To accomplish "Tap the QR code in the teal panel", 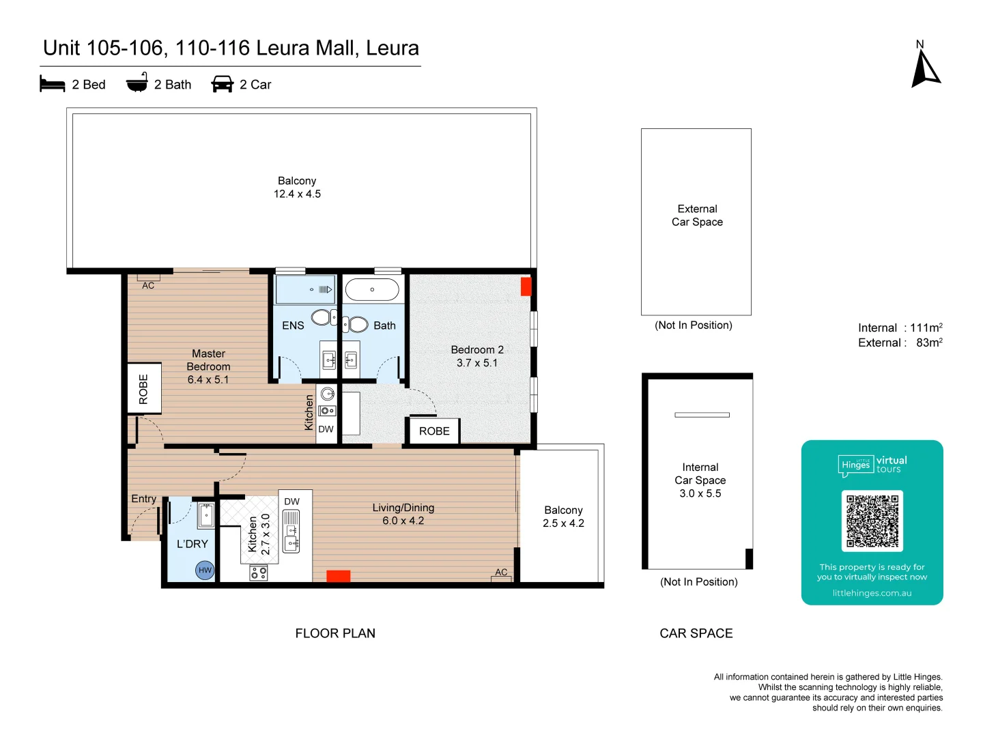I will (872, 521).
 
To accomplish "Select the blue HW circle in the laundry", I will (205, 570).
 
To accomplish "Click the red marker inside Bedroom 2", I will (526, 287).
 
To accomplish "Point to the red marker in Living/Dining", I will (338, 576).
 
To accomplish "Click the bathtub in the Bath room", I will (372, 289).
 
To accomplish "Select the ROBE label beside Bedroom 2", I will (434, 431).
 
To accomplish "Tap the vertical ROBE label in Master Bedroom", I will (143, 389).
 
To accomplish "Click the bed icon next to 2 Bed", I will (53, 84).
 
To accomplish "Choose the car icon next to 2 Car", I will (223, 84).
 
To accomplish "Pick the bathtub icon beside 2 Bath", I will (137, 83).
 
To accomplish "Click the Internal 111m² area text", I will (900, 328).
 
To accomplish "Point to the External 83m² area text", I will (900, 343).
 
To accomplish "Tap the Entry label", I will (143, 499).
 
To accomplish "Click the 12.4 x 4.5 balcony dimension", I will (297, 194).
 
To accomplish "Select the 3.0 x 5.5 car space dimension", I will (700, 493).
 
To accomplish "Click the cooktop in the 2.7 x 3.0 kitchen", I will (259, 573).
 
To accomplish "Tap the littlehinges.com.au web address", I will (872, 593).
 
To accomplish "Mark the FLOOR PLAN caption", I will (335, 633).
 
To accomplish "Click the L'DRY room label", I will (192, 544).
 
